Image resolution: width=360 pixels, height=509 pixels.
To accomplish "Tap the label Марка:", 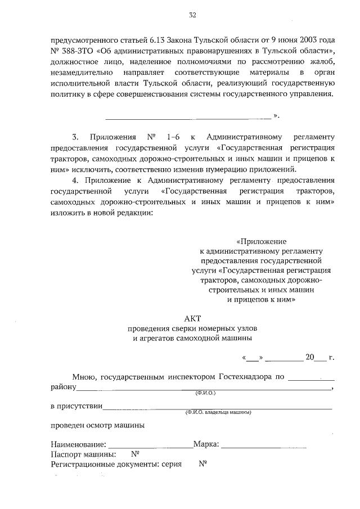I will (x=206, y=445).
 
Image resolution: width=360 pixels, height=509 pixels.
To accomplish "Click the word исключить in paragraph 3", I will (x=94, y=169).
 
